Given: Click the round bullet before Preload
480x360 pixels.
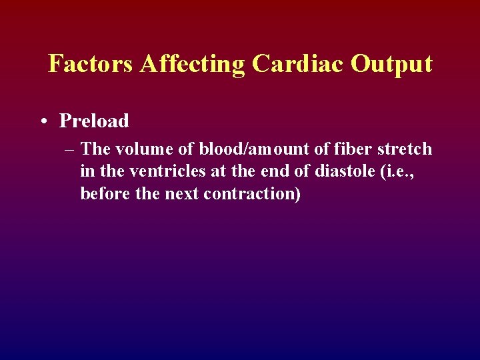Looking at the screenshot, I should pos(43,121).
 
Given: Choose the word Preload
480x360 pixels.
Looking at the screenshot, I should pos(94,121).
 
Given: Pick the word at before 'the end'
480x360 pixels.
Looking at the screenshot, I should pos(218,171).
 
